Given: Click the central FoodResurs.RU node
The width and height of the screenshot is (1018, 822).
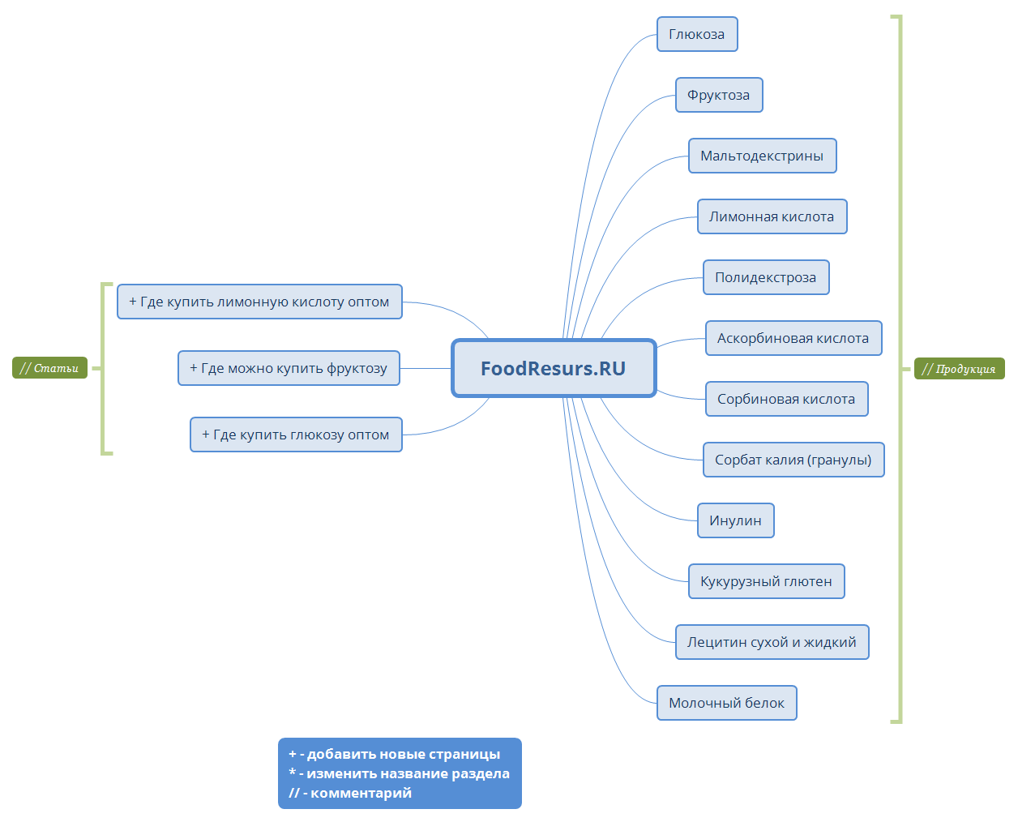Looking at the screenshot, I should [554, 369].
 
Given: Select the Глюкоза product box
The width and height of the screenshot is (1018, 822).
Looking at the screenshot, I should [697, 34].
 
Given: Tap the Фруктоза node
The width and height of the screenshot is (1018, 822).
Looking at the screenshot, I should [719, 95].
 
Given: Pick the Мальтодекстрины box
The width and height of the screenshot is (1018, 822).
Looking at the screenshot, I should [762, 156].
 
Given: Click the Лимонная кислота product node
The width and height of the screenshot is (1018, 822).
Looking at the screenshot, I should [772, 216].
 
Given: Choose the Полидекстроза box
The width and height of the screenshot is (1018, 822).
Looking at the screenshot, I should [766, 277].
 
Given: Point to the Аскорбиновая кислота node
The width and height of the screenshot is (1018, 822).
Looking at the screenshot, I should [793, 338].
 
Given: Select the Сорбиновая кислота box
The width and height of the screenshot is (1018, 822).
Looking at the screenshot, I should [786, 399].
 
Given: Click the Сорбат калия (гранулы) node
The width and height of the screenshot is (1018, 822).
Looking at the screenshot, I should [793, 460].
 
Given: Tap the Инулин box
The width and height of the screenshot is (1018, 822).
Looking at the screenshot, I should [735, 520].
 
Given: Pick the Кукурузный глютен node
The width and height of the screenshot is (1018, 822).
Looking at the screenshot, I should [766, 581].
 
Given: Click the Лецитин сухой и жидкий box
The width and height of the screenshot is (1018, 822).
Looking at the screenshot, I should [772, 642].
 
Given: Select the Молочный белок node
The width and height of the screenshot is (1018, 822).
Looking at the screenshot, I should [726, 703].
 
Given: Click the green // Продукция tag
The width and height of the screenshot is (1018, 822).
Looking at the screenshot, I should [959, 369].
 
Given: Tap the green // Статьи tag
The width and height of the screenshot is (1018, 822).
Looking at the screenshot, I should [49, 368].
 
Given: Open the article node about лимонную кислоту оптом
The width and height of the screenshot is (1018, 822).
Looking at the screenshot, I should [259, 302].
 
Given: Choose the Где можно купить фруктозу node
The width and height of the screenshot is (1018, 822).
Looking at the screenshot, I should [289, 368].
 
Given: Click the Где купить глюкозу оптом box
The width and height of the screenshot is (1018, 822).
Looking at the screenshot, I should [296, 435].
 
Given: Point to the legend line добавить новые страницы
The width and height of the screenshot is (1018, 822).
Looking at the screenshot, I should [395, 754].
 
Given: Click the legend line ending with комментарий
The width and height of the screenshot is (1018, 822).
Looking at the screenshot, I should [350, 793].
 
